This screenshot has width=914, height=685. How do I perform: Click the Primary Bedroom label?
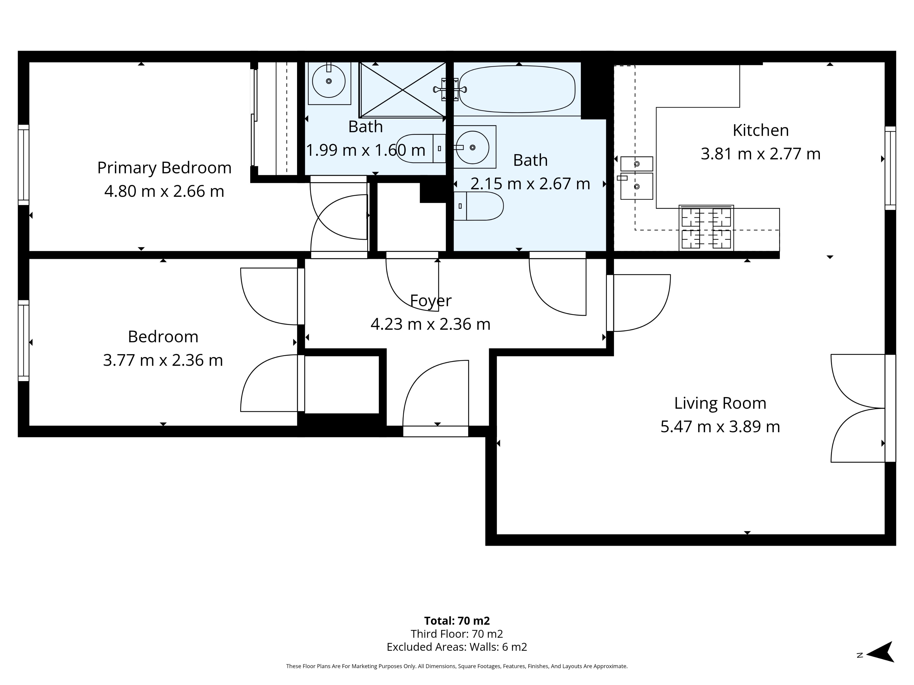[x=164, y=168]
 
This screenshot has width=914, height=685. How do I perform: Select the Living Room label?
[x=720, y=403]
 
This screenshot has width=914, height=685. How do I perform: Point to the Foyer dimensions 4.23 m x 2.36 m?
[x=430, y=324]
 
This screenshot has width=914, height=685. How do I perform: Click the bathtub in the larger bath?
[x=517, y=89]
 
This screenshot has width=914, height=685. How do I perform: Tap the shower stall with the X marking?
[x=402, y=90]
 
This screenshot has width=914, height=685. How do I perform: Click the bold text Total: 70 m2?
[x=456, y=621]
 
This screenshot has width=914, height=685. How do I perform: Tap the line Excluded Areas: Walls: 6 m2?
[x=456, y=647]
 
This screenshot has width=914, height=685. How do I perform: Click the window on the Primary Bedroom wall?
[x=24, y=165]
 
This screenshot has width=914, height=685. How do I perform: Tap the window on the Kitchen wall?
[x=890, y=168]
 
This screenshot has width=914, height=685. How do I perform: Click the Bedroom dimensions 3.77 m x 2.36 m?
[x=163, y=360]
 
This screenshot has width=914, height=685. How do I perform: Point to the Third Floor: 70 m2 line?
[x=456, y=634]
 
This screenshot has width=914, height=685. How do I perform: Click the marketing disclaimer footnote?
[x=456, y=666]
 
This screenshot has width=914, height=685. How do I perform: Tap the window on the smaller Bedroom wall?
[x=24, y=341]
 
